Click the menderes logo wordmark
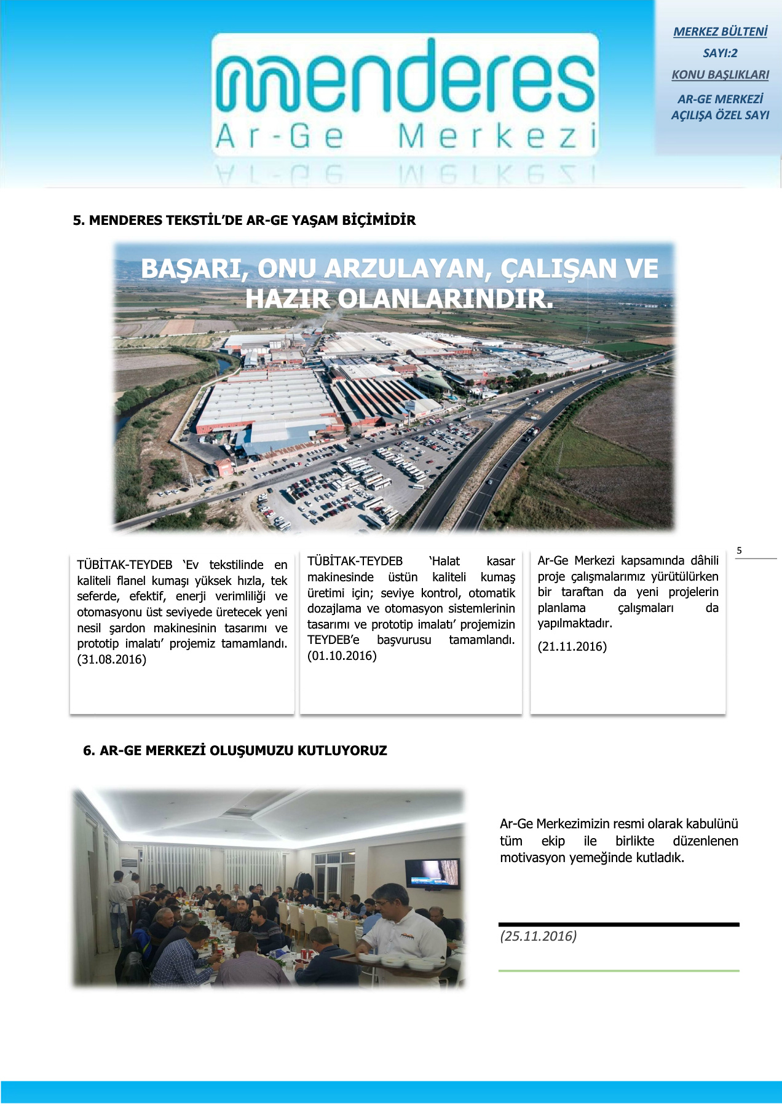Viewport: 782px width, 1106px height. [406, 80]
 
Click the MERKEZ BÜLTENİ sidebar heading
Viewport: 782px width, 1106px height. [720, 31]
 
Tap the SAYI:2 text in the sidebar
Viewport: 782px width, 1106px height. [720, 53]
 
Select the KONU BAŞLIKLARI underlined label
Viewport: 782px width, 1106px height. [720, 74]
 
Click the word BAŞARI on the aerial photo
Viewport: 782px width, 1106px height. [189, 269]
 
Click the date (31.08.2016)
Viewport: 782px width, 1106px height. [112, 659]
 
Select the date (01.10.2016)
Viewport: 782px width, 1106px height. [342, 656]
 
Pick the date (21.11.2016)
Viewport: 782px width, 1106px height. [572, 646]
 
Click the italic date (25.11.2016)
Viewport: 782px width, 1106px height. [538, 936]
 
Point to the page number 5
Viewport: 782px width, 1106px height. [739, 551]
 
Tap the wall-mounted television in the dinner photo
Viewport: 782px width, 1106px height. [432, 873]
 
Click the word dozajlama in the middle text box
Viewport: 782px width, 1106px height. [334, 608]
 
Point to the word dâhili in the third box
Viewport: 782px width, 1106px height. [704, 560]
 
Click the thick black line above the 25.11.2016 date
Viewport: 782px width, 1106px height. [618, 924]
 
